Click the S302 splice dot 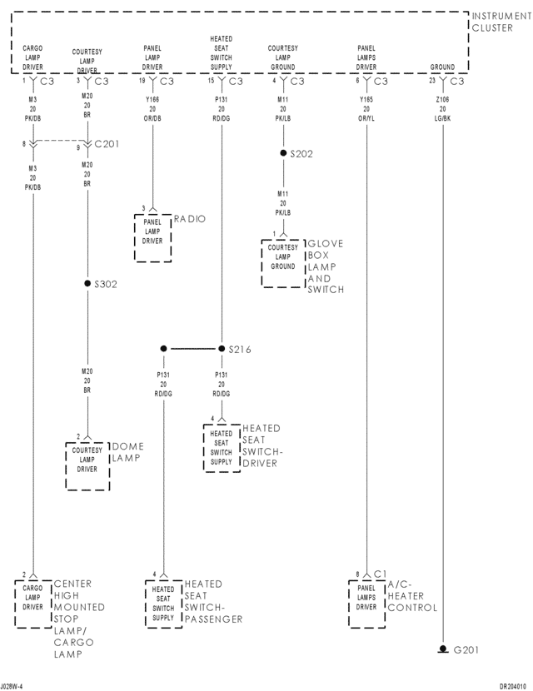87,284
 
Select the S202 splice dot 283,154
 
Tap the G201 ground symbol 441,649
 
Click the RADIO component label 190,219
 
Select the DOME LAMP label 127,452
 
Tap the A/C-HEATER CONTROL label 411,596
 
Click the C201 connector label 107,143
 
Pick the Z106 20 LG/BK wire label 442,108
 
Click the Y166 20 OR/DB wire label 152,108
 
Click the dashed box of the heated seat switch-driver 221,448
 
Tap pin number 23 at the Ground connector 432,81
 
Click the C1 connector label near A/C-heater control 381,574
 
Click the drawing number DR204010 514,686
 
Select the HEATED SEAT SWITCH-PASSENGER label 213,602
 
